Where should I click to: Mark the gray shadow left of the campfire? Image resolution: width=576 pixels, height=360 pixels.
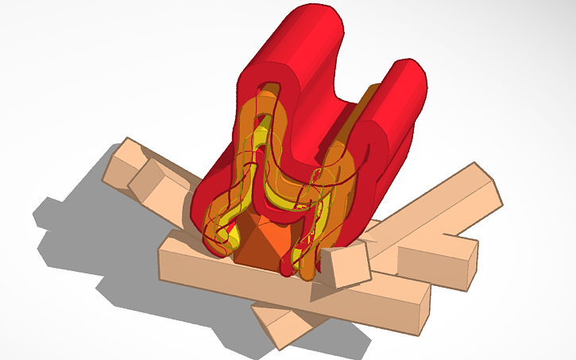click(x=87, y=230)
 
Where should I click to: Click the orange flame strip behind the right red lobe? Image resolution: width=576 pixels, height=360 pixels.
click(x=365, y=103)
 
